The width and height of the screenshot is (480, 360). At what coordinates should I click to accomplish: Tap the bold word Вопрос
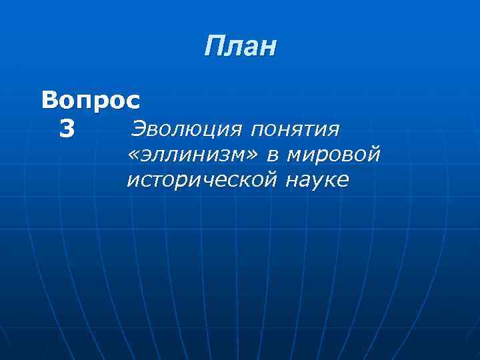[91, 101]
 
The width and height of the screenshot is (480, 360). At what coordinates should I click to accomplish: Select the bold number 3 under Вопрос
[67, 128]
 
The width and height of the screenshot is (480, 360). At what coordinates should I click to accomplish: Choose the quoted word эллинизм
[194, 155]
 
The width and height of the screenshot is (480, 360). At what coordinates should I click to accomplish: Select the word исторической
[201, 181]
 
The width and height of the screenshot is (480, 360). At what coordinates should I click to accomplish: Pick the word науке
[318, 181]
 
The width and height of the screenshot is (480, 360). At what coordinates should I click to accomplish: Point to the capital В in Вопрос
[50, 101]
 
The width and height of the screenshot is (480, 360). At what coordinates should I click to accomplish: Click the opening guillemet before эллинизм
[132, 155]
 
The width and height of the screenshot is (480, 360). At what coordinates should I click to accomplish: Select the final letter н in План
[267, 49]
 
